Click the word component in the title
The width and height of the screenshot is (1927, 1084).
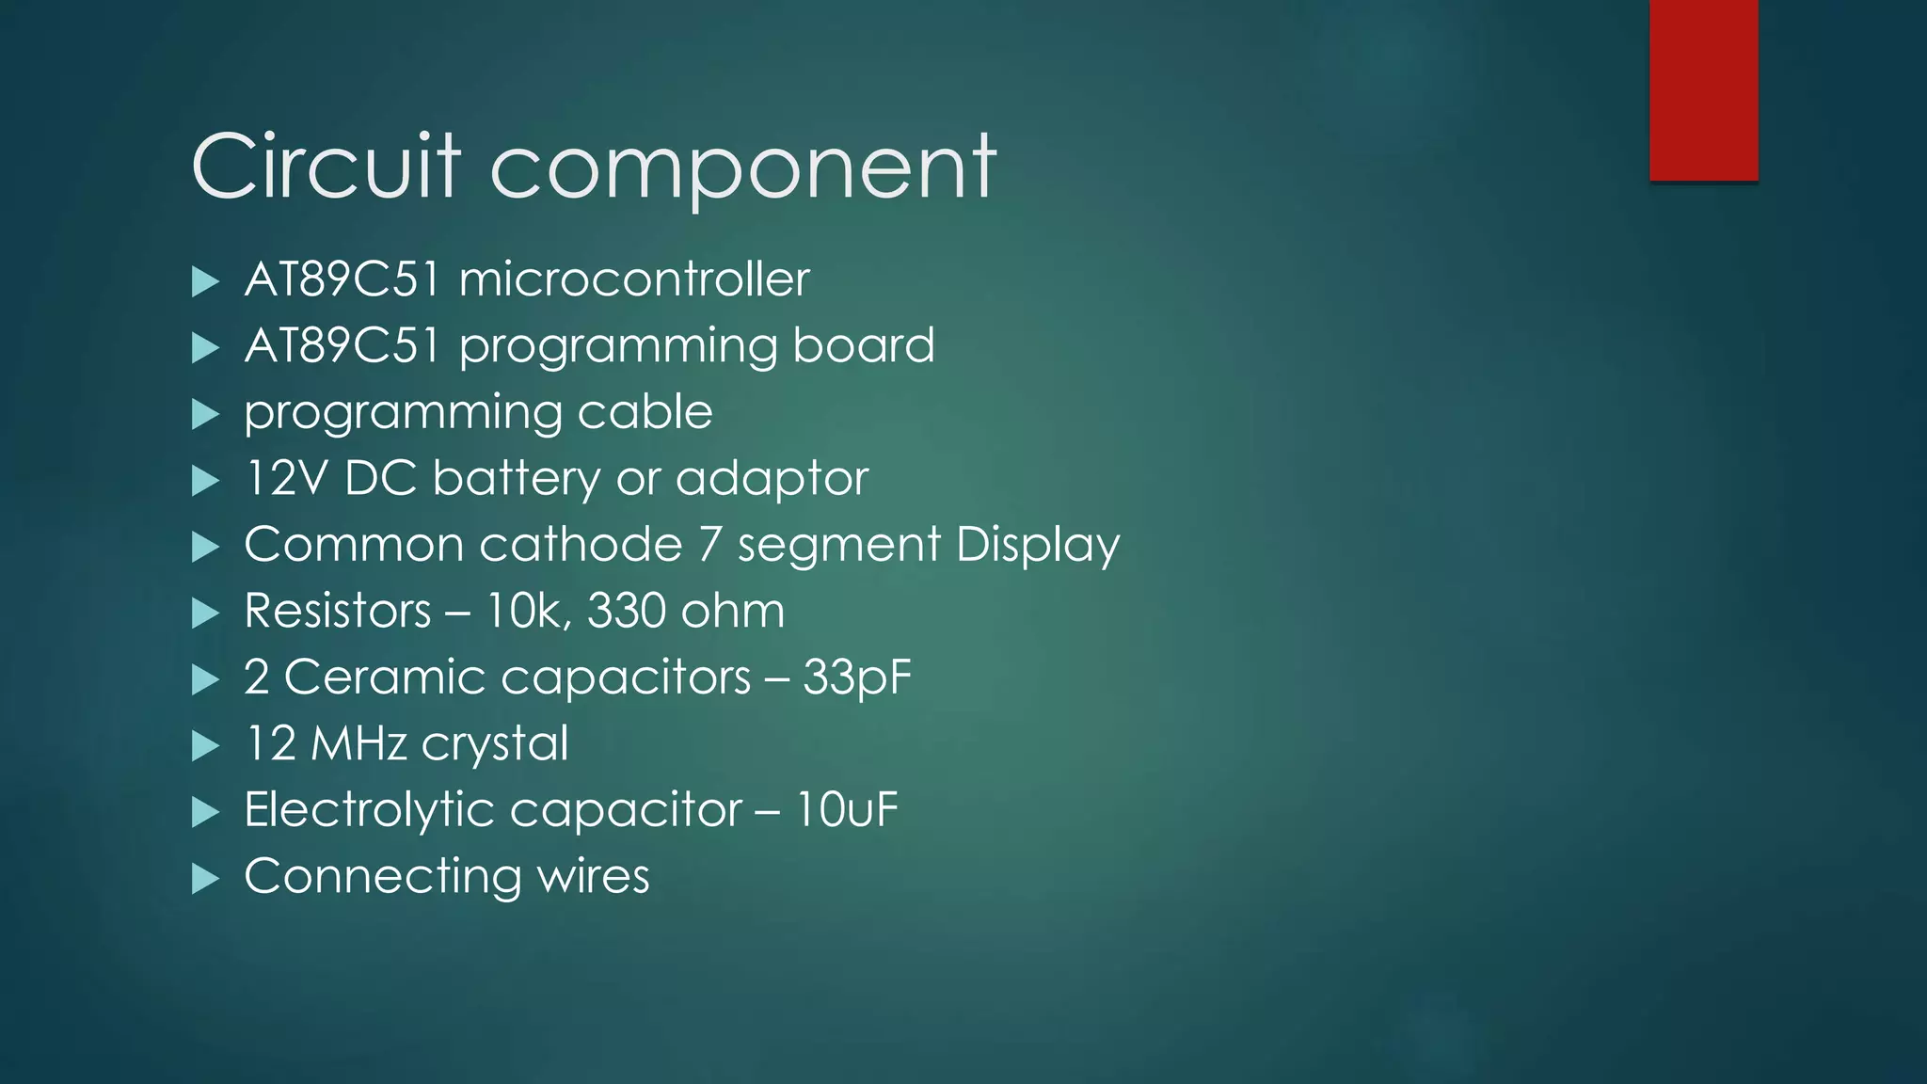tap(743, 169)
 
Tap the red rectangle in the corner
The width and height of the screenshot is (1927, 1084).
tap(1703, 89)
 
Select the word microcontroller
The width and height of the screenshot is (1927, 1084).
tap(634, 279)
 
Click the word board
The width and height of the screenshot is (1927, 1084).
tap(864, 345)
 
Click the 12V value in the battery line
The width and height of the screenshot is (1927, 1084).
tap(286, 478)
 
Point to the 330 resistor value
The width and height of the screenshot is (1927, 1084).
tap(627, 611)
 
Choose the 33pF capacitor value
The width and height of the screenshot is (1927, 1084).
tap(857, 678)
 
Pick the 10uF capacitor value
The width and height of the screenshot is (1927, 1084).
tap(847, 810)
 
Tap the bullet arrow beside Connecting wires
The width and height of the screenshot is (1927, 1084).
tap(204, 879)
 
